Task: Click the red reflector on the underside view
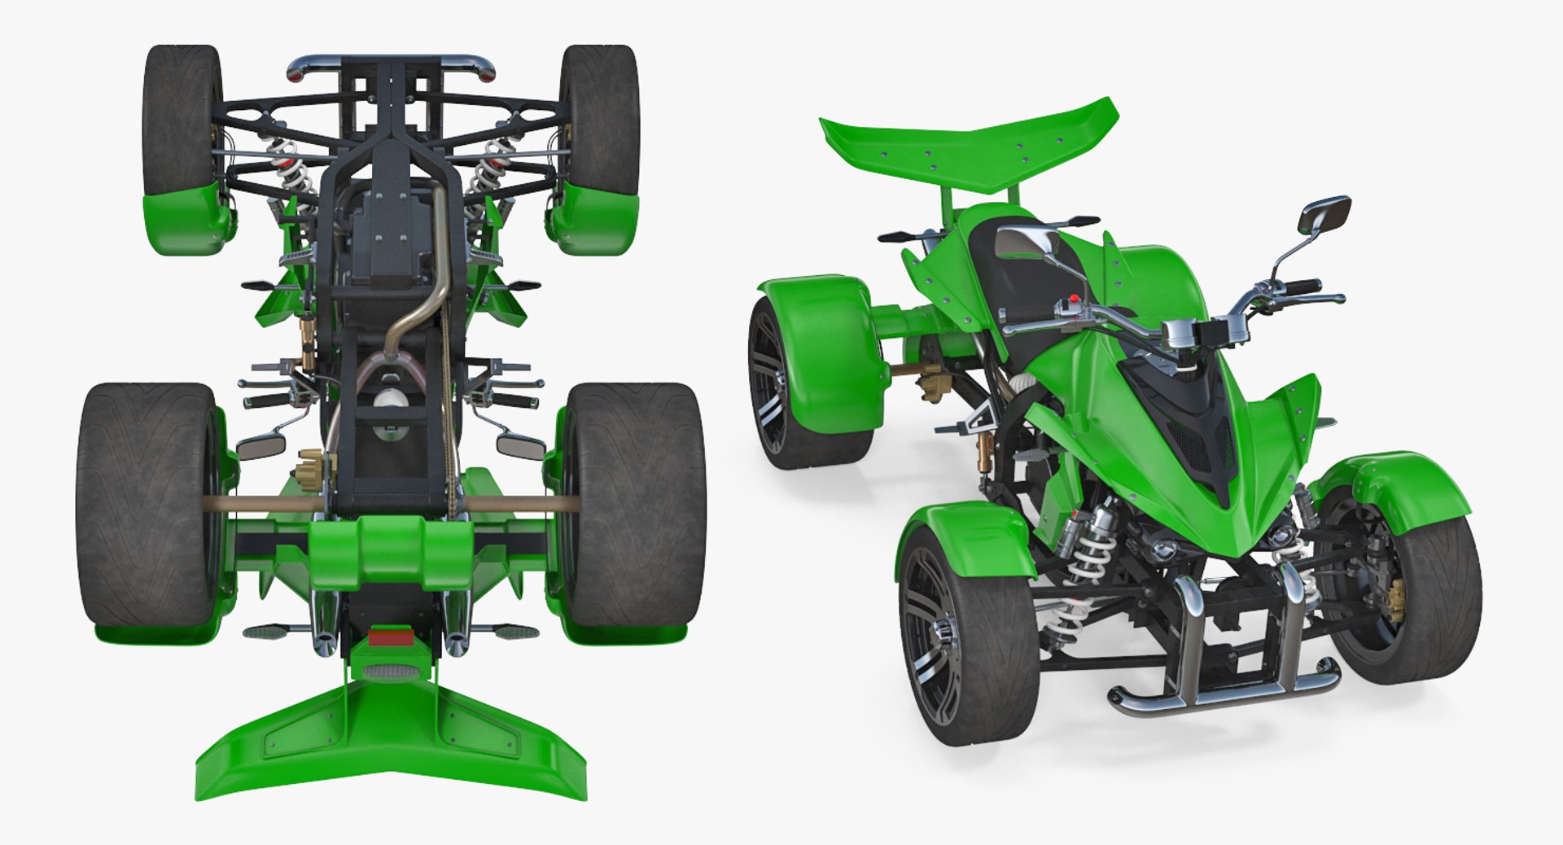click(x=390, y=636)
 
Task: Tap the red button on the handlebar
click(x=1074, y=299)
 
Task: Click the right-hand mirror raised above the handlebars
click(x=1324, y=215)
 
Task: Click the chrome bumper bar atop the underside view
click(x=391, y=63)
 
